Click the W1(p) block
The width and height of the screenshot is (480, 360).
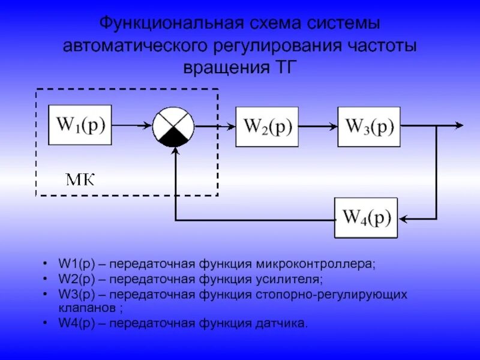click(x=80, y=125)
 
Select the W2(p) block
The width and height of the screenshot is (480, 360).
click(x=267, y=127)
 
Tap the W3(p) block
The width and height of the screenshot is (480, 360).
click(x=369, y=127)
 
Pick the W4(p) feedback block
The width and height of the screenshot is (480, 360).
click(x=366, y=218)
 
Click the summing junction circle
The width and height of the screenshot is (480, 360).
click(x=173, y=127)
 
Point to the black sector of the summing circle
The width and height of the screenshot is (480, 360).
click(x=173, y=139)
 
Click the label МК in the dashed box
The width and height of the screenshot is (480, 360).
click(x=80, y=179)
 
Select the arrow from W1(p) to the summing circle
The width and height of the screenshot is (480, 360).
click(x=132, y=126)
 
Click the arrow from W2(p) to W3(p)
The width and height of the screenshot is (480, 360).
click(x=318, y=127)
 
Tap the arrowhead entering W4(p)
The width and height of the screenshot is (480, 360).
click(x=403, y=219)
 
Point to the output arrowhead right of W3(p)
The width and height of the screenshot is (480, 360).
click(x=459, y=125)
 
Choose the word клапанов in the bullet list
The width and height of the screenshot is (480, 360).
click(x=88, y=307)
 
